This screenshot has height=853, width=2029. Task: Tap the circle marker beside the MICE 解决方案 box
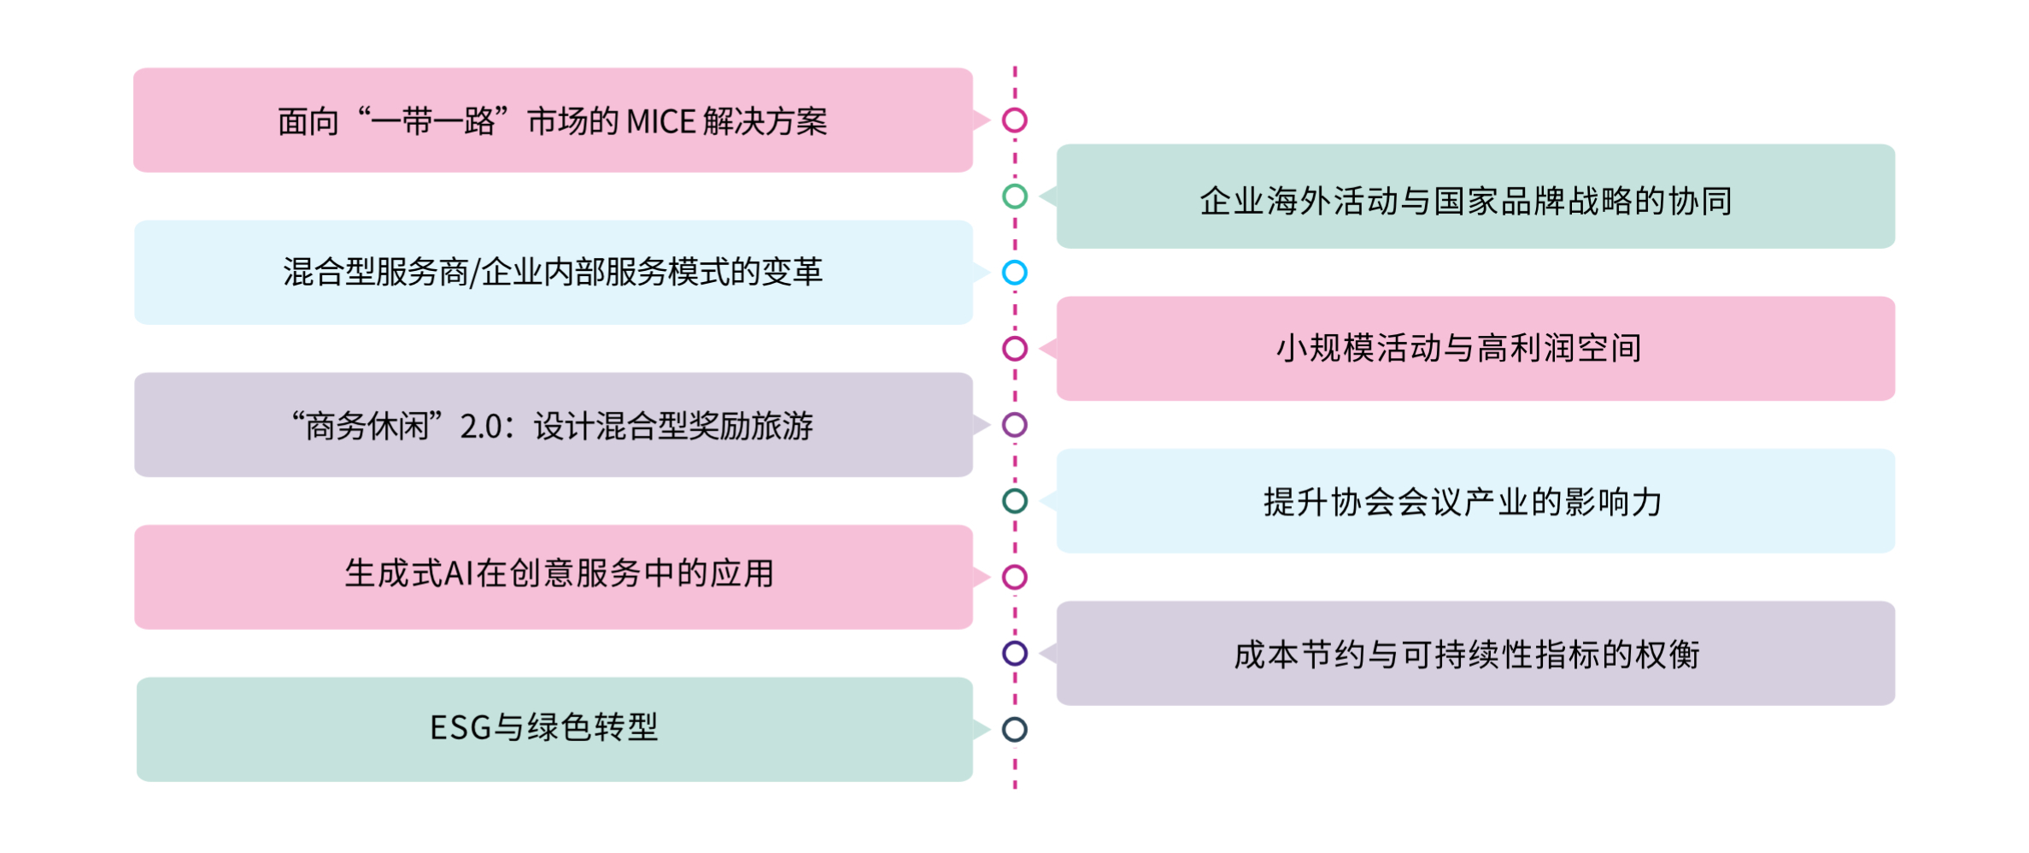tap(1014, 121)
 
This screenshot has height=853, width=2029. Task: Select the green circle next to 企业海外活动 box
tap(1014, 197)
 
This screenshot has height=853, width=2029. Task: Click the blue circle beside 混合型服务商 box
tap(1014, 273)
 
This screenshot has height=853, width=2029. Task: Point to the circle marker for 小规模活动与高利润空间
tap(1014, 349)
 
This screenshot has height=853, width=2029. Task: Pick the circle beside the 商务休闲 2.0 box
tap(1014, 425)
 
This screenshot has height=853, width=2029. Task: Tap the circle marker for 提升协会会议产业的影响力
tap(1014, 501)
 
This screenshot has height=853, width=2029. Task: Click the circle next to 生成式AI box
tap(1014, 577)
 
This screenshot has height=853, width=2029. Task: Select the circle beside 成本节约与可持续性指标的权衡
tap(1014, 653)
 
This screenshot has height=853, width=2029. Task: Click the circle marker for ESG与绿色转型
tap(1014, 729)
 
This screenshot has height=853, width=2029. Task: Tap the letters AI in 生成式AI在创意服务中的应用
tap(459, 574)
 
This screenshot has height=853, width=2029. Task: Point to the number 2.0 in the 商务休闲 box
tap(482, 426)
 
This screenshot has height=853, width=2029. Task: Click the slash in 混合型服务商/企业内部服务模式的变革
tap(475, 273)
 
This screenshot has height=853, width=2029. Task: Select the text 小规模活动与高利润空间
tap(1458, 349)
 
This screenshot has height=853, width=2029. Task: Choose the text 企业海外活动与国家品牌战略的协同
tap(1466, 202)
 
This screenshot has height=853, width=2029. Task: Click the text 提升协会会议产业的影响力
tap(1463, 502)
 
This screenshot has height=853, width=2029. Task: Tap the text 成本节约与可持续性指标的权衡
tap(1466, 655)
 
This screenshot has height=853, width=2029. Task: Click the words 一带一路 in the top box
tap(433, 121)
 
